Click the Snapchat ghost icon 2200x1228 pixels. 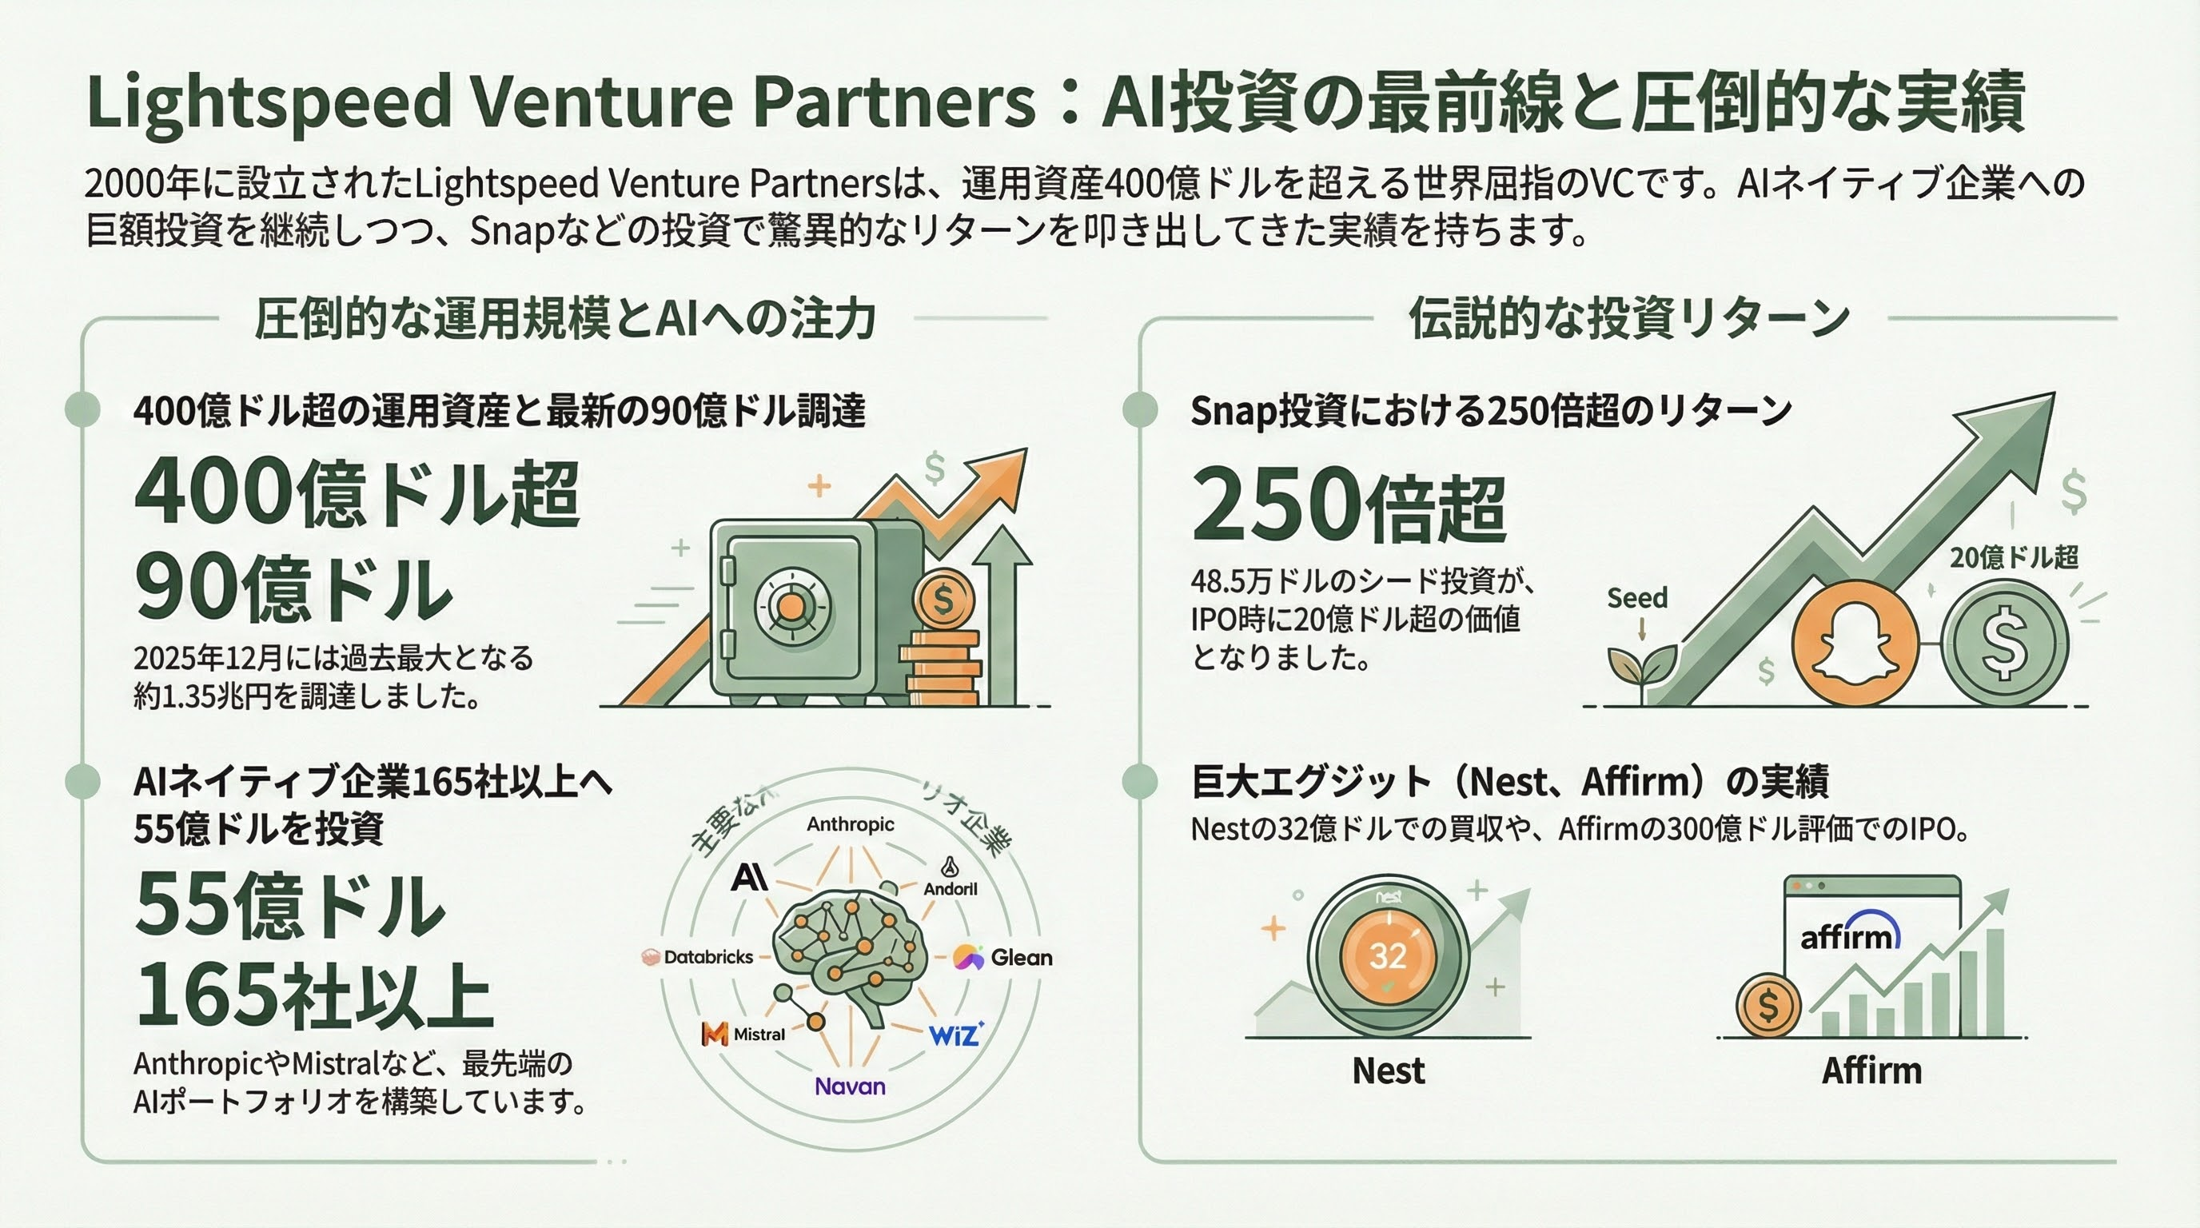pos(1854,642)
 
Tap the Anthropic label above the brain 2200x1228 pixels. pos(850,824)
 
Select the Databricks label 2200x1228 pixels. pos(707,957)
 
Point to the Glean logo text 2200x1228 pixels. pos(1021,957)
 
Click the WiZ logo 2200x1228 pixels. pos(955,1035)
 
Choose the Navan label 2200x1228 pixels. pos(850,1086)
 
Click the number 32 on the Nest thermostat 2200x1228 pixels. pos(1388,955)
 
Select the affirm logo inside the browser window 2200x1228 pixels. pos(1850,936)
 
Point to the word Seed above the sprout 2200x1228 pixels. pos(1636,598)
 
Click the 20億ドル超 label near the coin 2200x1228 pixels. pos(2013,558)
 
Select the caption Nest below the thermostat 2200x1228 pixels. pos(1388,1070)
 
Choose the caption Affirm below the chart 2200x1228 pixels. pos(1871,1070)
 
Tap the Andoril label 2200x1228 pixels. pos(950,888)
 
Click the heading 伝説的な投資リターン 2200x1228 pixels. pos(1628,318)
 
